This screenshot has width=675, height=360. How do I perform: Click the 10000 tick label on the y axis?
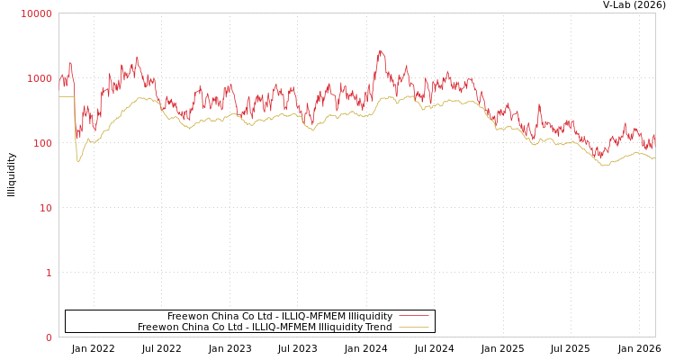point(37,13)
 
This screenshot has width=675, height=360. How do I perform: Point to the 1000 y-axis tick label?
point(40,78)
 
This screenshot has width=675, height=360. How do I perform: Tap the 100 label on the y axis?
point(42,143)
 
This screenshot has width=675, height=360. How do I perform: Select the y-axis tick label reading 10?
point(45,208)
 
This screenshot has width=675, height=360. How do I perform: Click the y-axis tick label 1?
point(49,273)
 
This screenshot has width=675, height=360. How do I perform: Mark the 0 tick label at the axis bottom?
point(49,337)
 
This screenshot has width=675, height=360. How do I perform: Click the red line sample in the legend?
point(413,317)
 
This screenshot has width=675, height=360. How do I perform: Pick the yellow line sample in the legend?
point(413,328)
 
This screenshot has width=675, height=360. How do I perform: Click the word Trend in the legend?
point(378,328)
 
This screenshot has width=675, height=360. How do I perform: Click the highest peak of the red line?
point(380,50)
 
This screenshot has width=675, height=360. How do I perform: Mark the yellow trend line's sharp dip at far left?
point(78,160)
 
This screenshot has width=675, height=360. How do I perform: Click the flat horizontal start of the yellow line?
point(66,96)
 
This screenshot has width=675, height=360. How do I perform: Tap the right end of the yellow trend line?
point(654,158)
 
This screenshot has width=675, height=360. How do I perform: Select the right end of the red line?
point(654,135)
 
